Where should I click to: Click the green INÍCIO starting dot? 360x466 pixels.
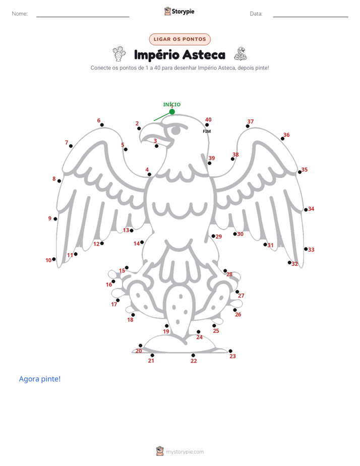pyautogui.click(x=172, y=112)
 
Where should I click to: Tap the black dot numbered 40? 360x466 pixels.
pyautogui.click(x=207, y=125)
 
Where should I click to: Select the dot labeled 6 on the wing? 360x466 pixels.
pyautogui.click(x=102, y=125)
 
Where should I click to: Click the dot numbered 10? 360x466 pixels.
pyautogui.click(x=54, y=259)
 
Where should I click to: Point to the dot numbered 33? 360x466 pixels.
pyautogui.click(x=306, y=249)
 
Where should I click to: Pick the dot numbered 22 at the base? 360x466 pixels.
pyautogui.click(x=193, y=355)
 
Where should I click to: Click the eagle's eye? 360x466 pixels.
pyautogui.click(x=176, y=130)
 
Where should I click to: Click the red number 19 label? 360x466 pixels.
pyautogui.click(x=166, y=331)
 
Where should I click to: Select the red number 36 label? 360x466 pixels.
pyautogui.click(x=286, y=135)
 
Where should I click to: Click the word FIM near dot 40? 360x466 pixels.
pyautogui.click(x=207, y=131)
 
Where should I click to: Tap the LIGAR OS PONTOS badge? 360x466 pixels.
pyautogui.click(x=179, y=39)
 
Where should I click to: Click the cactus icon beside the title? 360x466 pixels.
pyautogui.click(x=119, y=54)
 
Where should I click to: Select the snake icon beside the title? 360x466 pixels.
pyautogui.click(x=241, y=54)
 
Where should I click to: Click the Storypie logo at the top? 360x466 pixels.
pyautogui.click(x=179, y=11)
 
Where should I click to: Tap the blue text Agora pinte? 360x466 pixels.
pyautogui.click(x=40, y=379)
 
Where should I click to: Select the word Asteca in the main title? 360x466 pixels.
pyautogui.click(x=204, y=55)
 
